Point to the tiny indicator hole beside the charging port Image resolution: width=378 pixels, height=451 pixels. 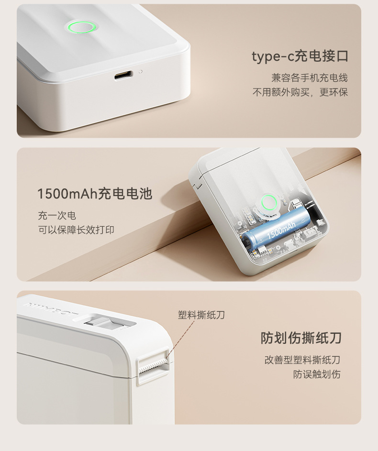(x=140, y=72)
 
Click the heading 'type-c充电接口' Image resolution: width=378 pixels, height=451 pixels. (x=300, y=56)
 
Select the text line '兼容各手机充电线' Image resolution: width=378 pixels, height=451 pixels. (x=309, y=77)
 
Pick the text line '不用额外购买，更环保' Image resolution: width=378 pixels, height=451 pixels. (x=300, y=92)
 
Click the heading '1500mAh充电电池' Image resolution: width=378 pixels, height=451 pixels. (x=95, y=194)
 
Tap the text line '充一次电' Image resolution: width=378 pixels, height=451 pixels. (x=57, y=215)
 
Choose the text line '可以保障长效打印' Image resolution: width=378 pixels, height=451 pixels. (x=76, y=230)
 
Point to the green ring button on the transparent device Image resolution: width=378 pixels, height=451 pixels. (x=268, y=202)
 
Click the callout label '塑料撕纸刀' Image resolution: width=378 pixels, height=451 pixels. (x=201, y=315)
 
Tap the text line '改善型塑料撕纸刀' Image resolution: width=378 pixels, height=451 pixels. (x=302, y=360)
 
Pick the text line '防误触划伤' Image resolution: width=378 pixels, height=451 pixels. (x=317, y=374)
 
